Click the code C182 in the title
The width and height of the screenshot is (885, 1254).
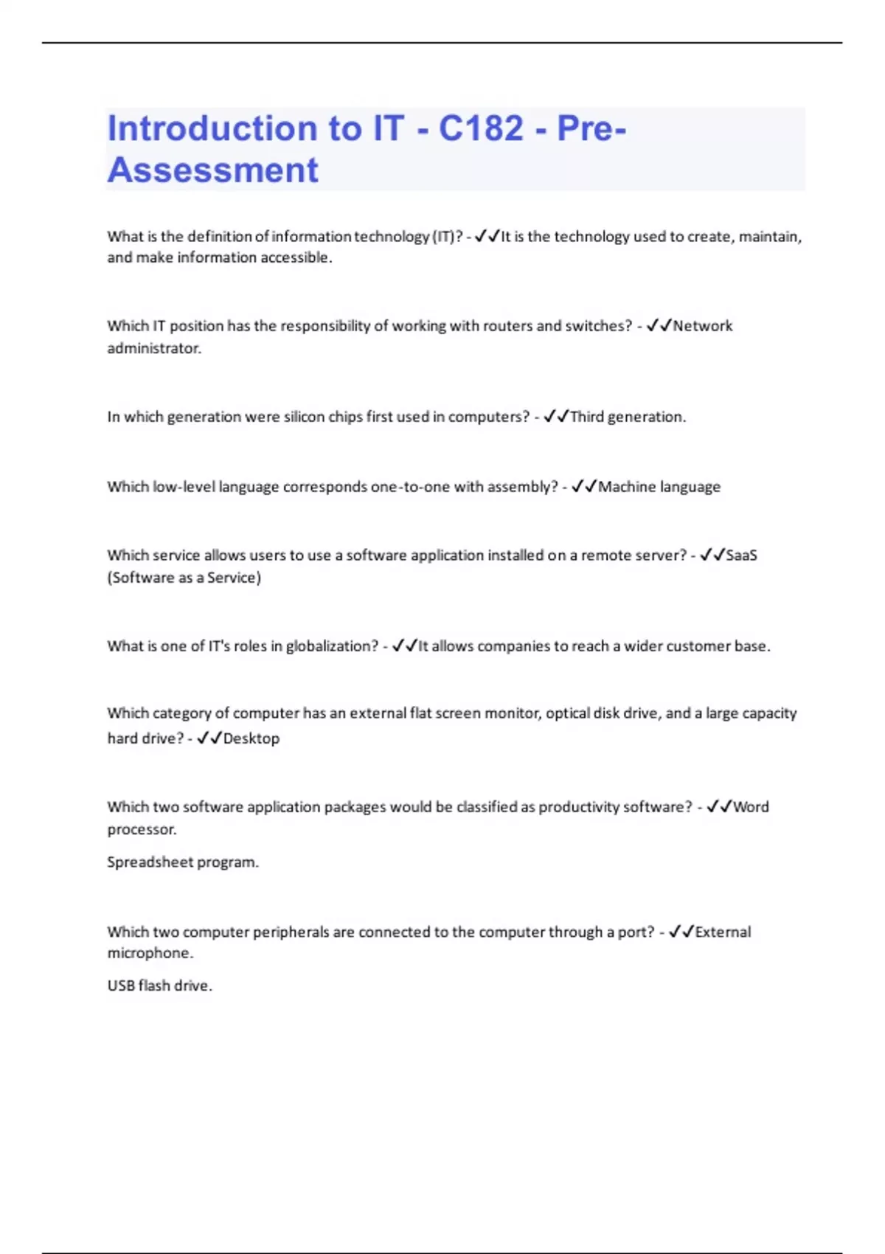(481, 128)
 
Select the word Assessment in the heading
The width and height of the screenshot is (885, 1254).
(213, 170)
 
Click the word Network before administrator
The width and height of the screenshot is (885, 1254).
(702, 326)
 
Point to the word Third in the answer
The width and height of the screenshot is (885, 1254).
(587, 417)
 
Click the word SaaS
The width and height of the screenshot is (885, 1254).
(741, 555)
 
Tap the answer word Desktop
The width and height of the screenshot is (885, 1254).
(251, 738)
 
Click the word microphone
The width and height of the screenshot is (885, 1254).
(150, 953)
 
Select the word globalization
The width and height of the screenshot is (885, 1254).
(332, 646)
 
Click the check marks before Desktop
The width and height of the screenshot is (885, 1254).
(209, 738)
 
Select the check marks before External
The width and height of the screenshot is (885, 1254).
(681, 932)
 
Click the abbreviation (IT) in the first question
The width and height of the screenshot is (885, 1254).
(447, 237)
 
